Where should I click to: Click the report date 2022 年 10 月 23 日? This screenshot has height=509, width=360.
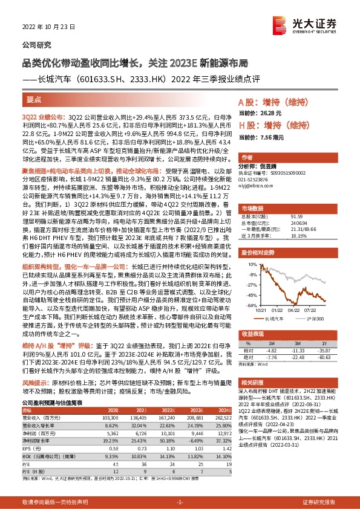(x=47, y=26)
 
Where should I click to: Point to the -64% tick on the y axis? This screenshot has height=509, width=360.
(x=246, y=305)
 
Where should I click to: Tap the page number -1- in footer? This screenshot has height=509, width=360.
(x=180, y=502)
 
